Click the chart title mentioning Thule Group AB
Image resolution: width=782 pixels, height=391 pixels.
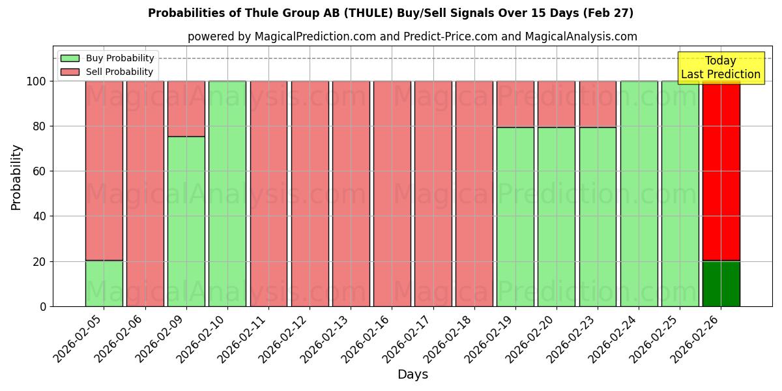tap(390, 13)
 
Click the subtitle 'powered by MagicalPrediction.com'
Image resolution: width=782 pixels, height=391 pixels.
tap(412, 36)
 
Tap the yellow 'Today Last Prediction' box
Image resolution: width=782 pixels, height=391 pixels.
tap(720, 68)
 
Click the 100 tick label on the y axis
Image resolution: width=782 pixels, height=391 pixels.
tap(37, 81)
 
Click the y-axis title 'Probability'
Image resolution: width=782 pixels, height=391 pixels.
tap(16, 177)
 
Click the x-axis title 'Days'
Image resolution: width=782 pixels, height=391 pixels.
tap(413, 374)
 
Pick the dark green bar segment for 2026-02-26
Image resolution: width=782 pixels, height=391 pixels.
tap(721, 283)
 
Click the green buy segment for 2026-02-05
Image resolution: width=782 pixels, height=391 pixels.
tap(104, 283)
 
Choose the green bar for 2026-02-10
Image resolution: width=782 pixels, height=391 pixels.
tap(227, 194)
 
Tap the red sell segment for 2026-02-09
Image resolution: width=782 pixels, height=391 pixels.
tap(186, 108)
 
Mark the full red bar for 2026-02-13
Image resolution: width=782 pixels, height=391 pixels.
tap(351, 194)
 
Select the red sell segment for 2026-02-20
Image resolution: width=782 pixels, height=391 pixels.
tap(557, 104)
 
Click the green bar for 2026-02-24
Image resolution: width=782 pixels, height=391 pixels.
tap(639, 194)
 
